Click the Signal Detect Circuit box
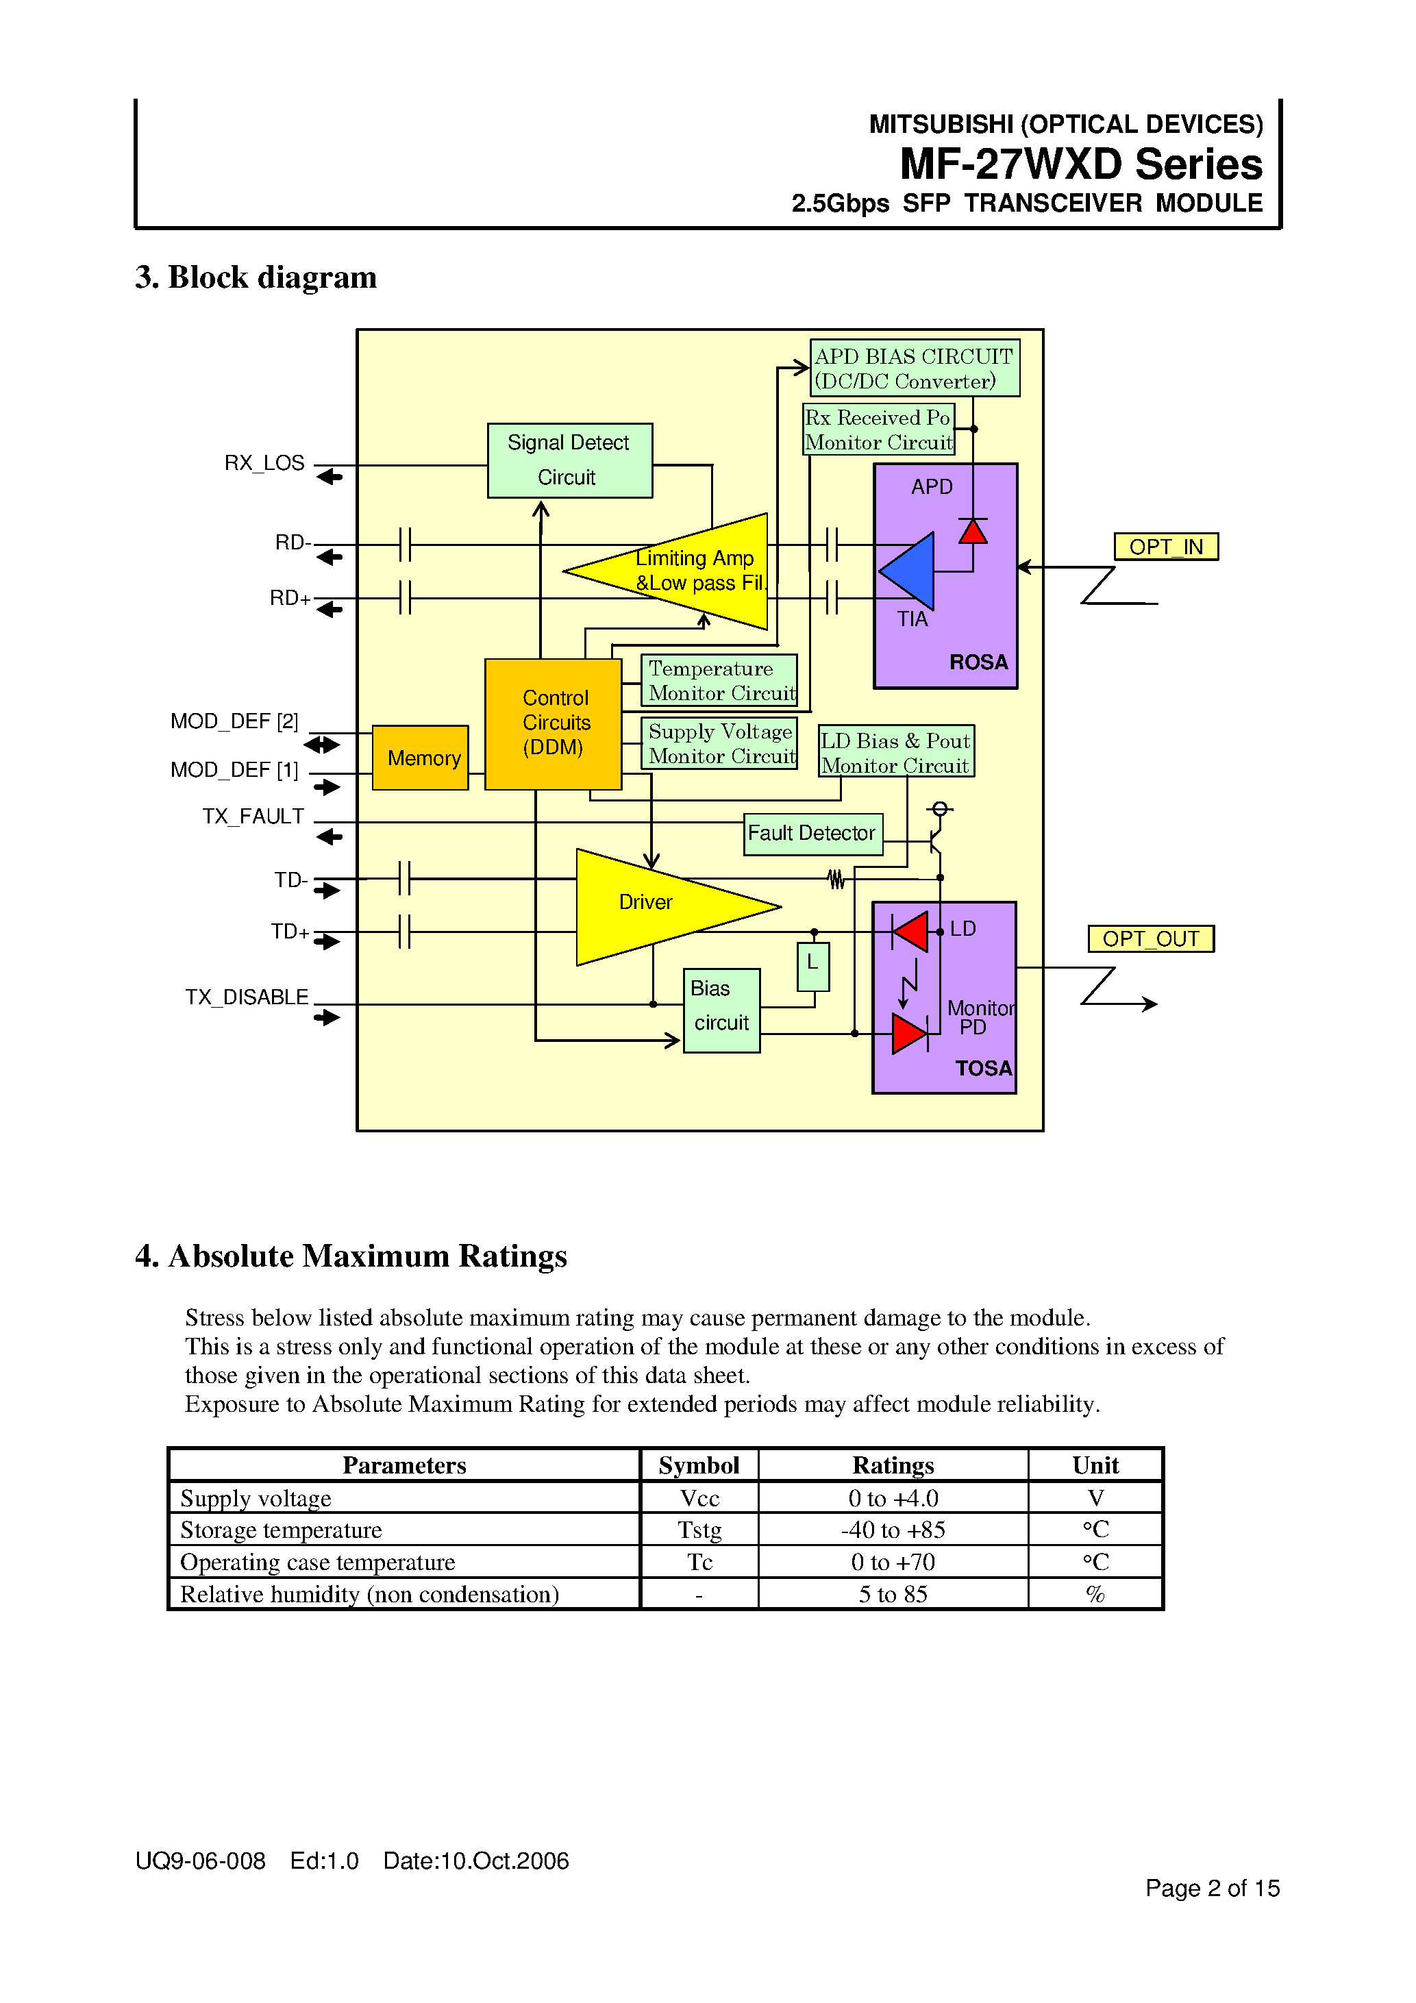point(569,460)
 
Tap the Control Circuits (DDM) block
point(552,723)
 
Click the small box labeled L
point(812,965)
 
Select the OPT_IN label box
point(1165,546)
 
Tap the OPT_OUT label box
point(1150,938)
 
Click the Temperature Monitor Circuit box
point(719,680)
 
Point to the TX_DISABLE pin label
point(246,997)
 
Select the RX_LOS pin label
point(264,462)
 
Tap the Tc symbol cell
point(699,1562)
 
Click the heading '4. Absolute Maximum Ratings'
point(351,1256)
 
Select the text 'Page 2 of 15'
point(1211,1888)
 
